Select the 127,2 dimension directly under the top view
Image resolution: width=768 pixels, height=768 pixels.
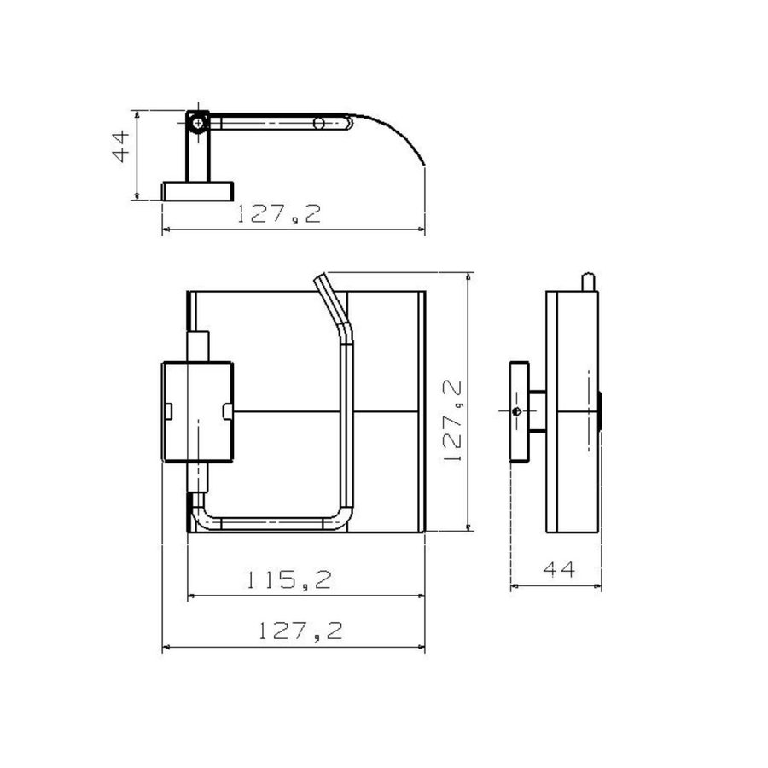pos(279,214)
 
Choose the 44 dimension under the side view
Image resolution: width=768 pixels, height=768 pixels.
pos(558,570)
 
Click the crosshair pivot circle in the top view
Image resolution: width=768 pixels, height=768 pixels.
pos(198,123)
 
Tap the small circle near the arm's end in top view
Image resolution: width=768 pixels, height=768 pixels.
pos(319,124)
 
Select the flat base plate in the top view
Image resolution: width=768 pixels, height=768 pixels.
pos(197,190)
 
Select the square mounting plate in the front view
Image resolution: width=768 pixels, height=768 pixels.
pos(197,412)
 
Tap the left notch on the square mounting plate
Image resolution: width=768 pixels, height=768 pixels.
pos(167,412)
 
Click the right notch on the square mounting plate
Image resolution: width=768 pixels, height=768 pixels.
pos(227,412)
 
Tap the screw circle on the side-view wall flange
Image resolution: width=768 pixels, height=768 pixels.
pos(518,412)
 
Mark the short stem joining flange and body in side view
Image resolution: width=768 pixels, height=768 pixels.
pos(536,412)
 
